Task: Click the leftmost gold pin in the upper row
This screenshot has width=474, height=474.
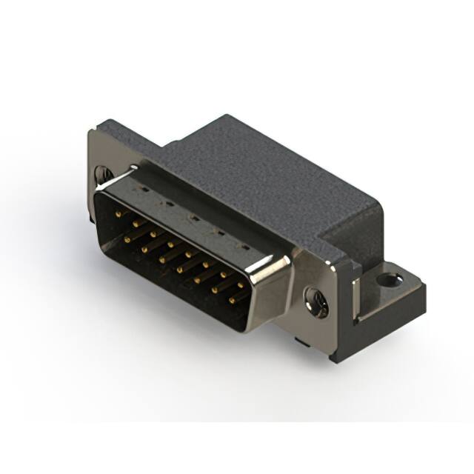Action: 119,213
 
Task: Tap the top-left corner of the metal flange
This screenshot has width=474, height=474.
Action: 92,132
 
